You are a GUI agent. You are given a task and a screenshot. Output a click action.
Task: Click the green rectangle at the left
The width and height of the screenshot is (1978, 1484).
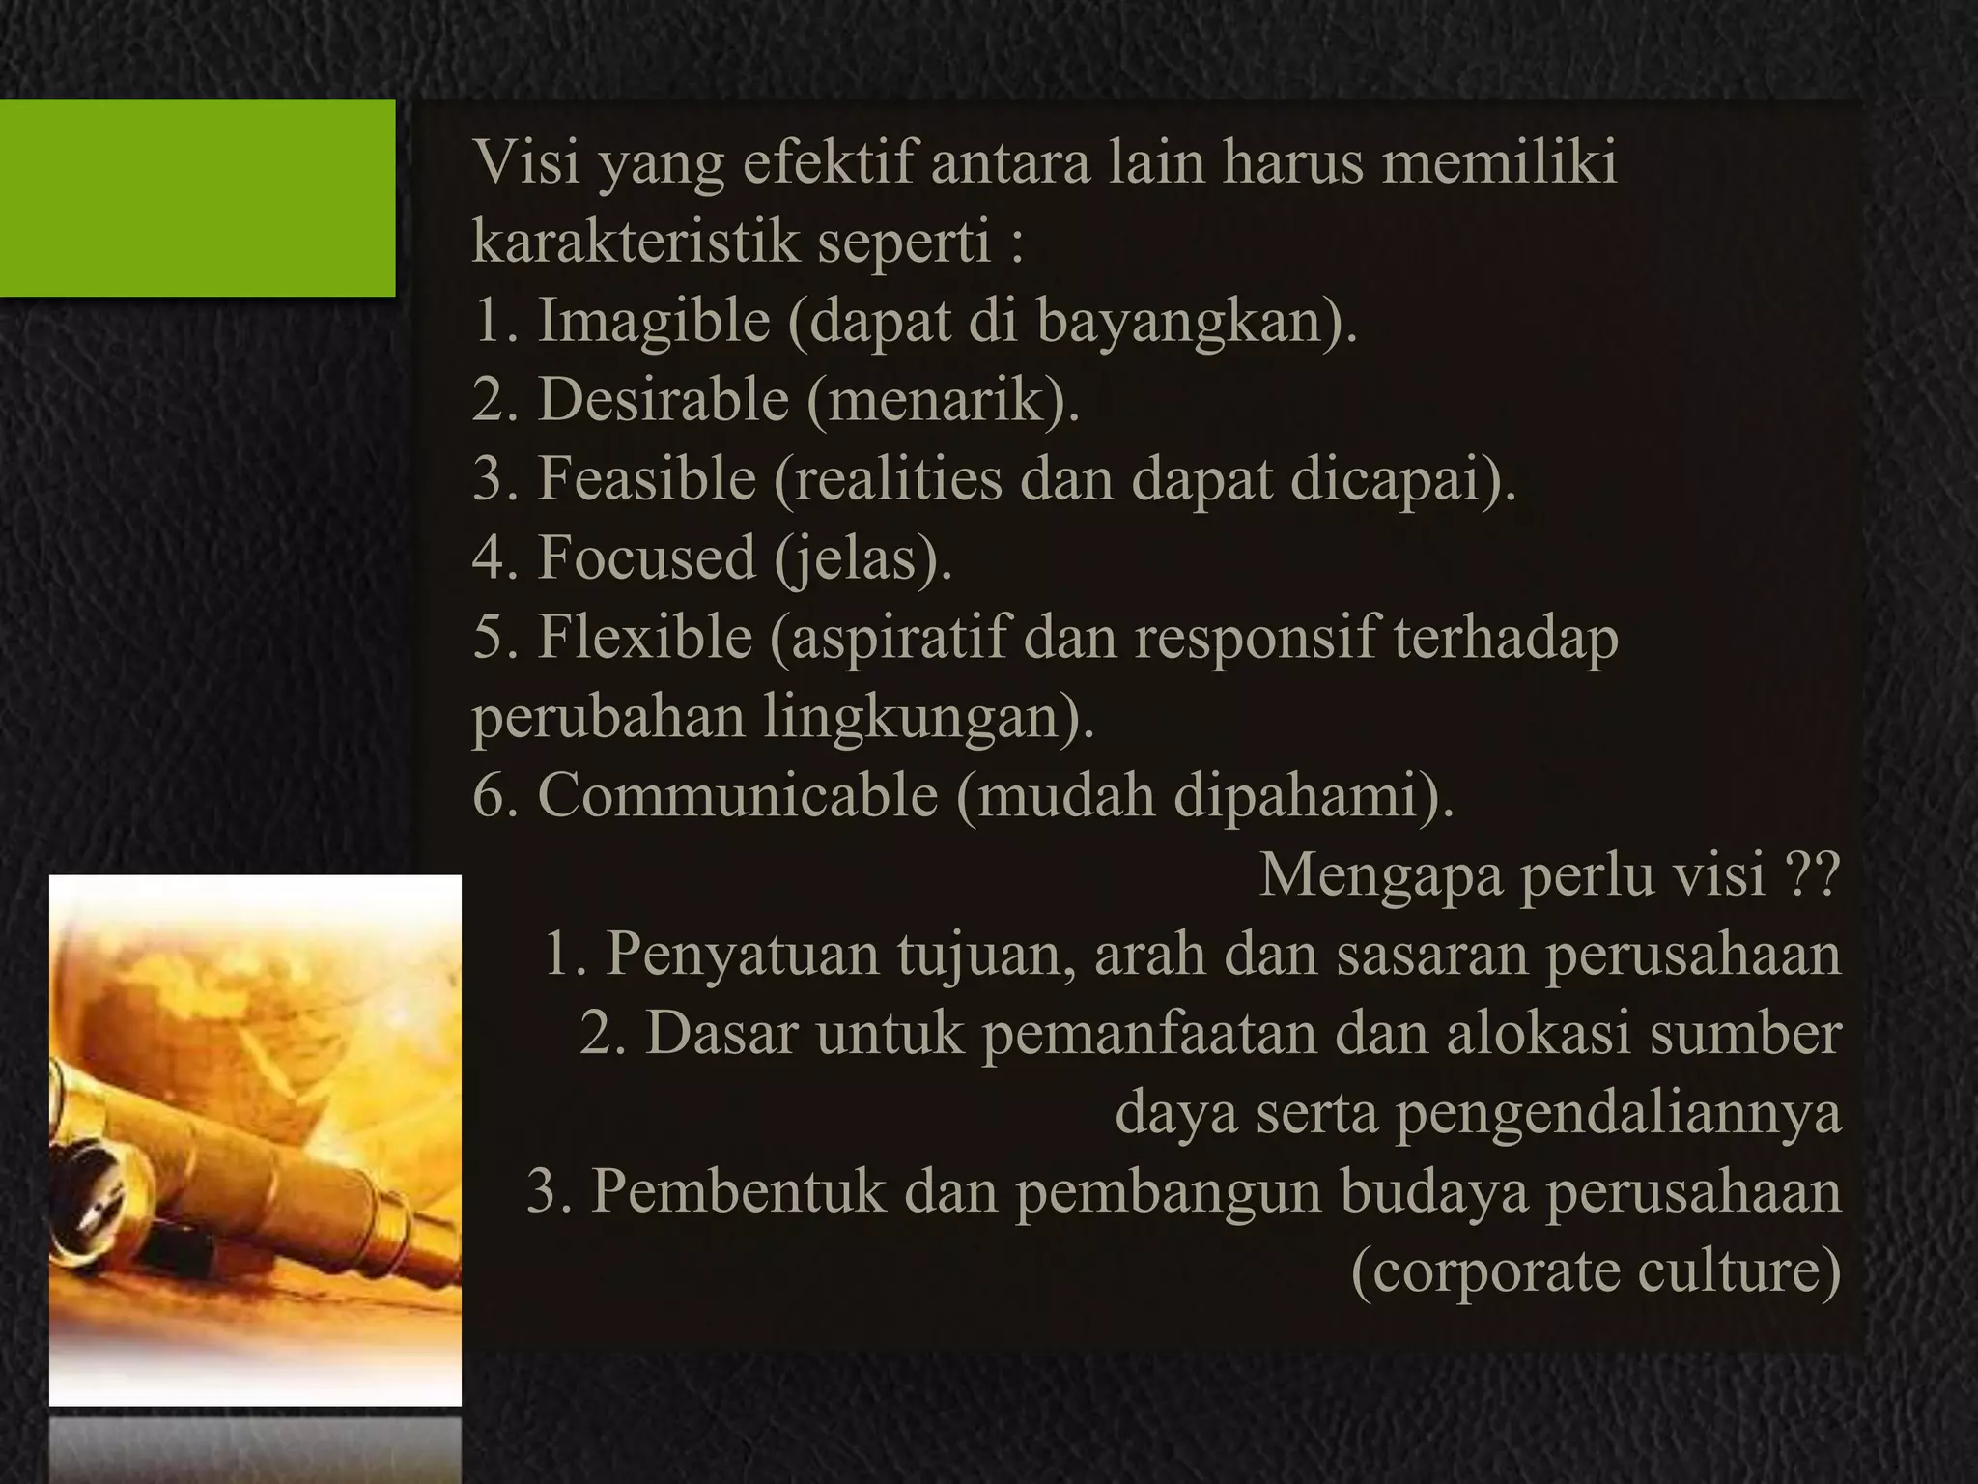[x=197, y=197]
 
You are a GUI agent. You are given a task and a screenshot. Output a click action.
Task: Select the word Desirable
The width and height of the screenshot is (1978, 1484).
[x=663, y=399]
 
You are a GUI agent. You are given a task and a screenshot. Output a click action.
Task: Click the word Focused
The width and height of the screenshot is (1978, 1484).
[x=646, y=557]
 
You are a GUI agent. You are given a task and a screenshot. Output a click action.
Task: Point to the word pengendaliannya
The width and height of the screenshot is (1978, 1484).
[x=1618, y=1113]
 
